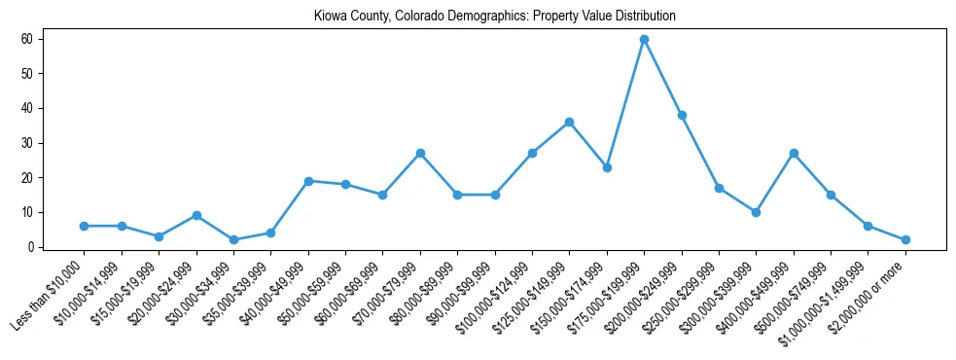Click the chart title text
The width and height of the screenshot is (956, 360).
pyautogui.click(x=494, y=17)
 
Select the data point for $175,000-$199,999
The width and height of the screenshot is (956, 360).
pyautogui.click(x=644, y=39)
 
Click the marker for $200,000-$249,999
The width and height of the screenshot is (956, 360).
pyautogui.click(x=682, y=115)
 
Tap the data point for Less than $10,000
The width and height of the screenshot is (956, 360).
pyautogui.click(x=85, y=226)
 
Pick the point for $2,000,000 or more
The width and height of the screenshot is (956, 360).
pyautogui.click(x=905, y=239)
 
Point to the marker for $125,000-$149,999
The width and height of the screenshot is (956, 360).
pyautogui.click(x=569, y=122)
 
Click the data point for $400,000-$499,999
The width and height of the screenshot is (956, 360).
pyautogui.click(x=794, y=153)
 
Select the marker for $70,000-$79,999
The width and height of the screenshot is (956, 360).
pyautogui.click(x=420, y=153)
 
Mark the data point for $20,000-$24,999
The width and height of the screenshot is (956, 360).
pyautogui.click(x=196, y=215)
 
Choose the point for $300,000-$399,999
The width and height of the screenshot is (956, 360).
pyautogui.click(x=756, y=212)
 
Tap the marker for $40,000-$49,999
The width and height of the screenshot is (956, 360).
pyautogui.click(x=308, y=181)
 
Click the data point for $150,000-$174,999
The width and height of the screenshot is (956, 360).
pyautogui.click(x=607, y=167)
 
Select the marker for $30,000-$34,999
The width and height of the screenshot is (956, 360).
pyautogui.click(x=233, y=239)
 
